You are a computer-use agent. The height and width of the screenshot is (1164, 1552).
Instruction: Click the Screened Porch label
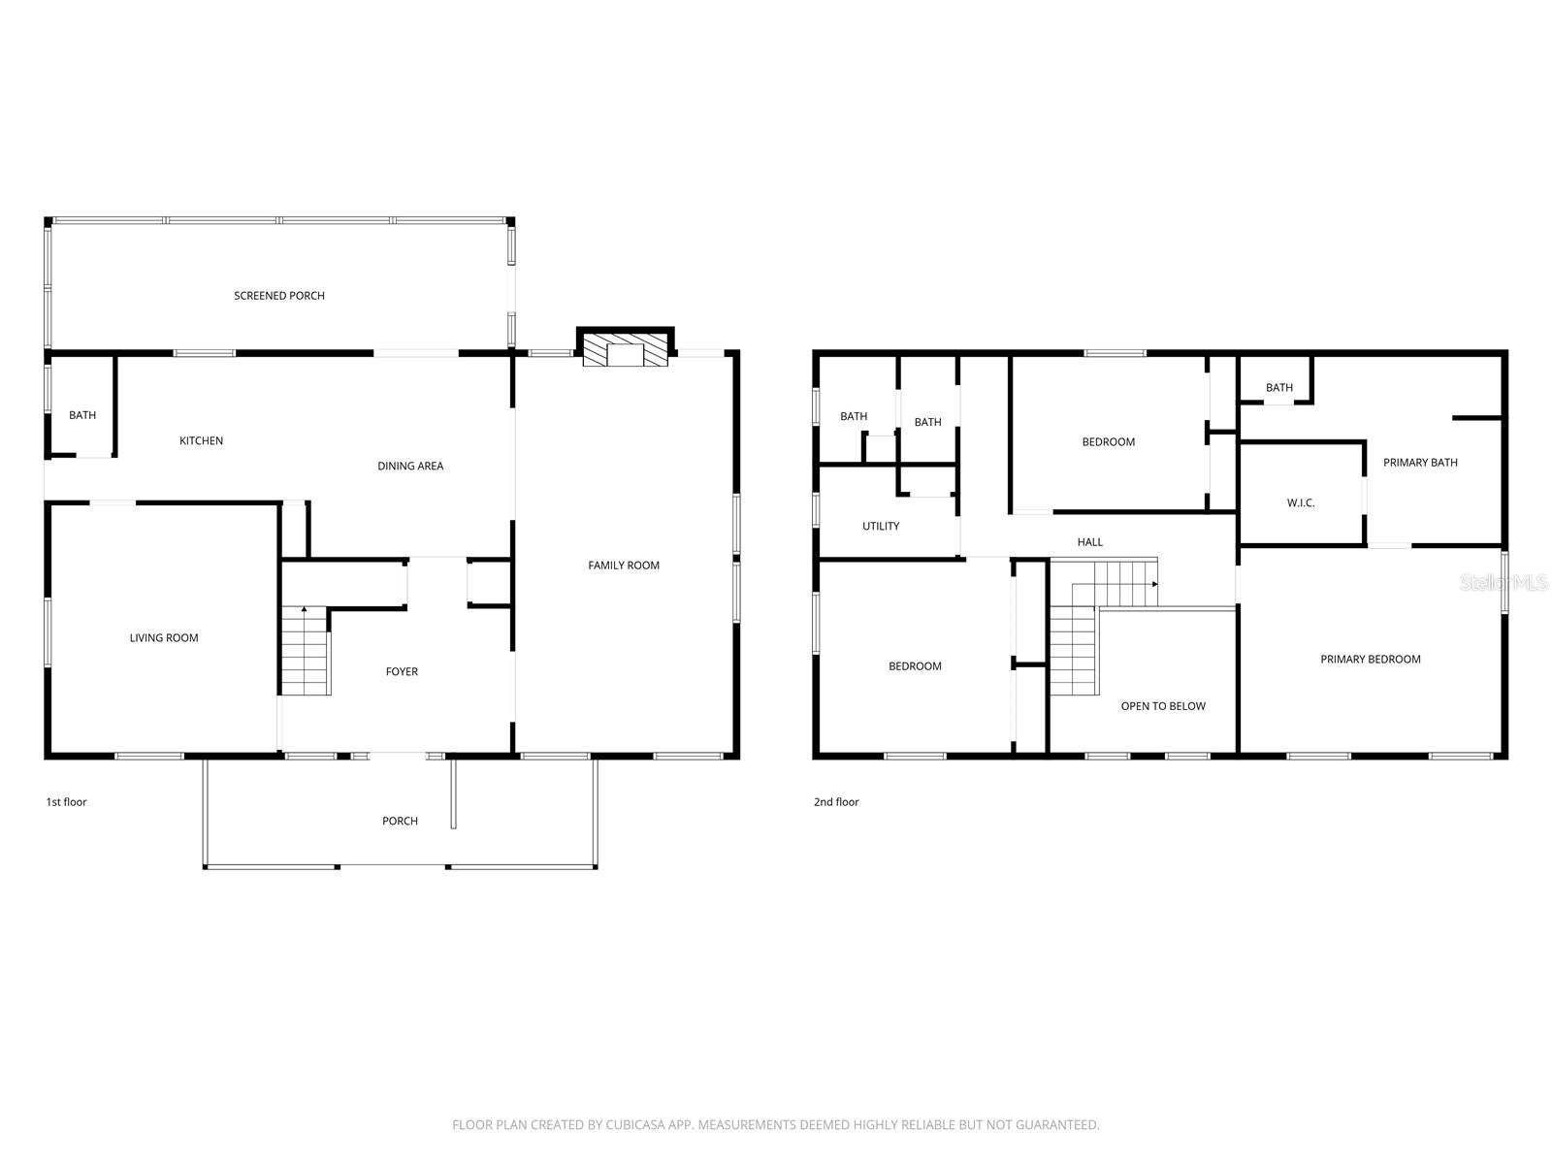[x=279, y=296]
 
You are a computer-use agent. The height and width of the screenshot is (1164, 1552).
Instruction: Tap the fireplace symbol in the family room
[x=626, y=350]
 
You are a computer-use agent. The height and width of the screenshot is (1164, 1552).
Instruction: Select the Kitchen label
[x=201, y=441]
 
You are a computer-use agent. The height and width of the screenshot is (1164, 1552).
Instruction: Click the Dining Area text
[x=410, y=467]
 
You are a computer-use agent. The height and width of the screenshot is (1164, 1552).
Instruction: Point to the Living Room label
[x=164, y=638]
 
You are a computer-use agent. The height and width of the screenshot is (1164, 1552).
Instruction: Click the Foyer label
[x=402, y=672]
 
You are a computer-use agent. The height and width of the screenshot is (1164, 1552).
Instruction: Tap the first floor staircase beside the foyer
[x=306, y=650]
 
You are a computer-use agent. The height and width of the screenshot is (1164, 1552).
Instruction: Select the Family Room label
[x=624, y=566]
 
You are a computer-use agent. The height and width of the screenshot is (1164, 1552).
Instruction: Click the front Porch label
[x=400, y=822]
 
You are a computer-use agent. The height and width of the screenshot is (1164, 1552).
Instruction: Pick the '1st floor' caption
[x=66, y=802]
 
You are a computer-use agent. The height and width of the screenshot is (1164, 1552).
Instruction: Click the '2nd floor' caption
[x=836, y=802]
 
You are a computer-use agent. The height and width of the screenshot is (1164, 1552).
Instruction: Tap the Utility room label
[x=881, y=527]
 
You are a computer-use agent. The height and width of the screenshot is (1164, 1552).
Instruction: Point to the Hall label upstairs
[x=1090, y=542]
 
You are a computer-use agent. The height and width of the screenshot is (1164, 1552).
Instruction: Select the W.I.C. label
[x=1301, y=503]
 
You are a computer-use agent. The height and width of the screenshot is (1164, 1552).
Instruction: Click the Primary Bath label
[x=1420, y=463]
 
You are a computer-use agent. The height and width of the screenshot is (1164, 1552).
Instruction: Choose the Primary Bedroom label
[x=1370, y=660]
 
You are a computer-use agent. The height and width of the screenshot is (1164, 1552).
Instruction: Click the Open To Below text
[x=1163, y=706]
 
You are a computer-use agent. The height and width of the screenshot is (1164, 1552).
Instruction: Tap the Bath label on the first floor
[x=82, y=416]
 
